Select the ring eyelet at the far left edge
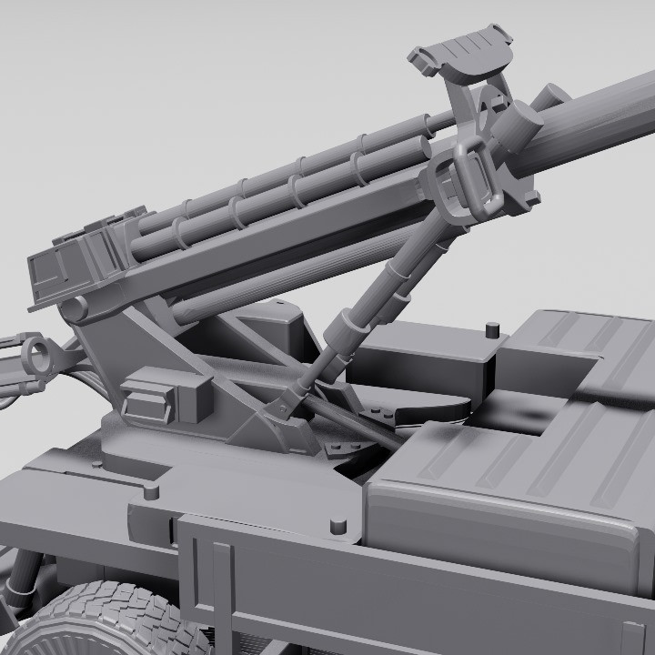36,351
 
